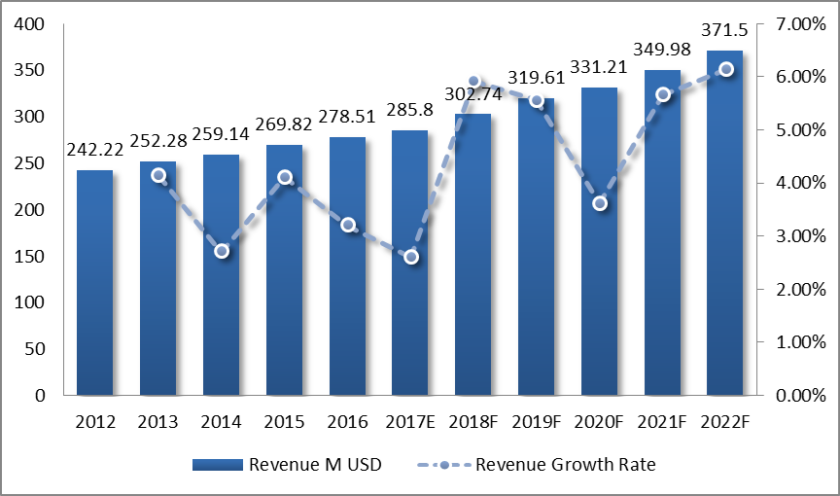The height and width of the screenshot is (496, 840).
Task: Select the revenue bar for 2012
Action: point(95,282)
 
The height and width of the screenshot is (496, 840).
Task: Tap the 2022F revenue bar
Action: point(725,223)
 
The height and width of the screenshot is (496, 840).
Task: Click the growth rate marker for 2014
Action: point(222,251)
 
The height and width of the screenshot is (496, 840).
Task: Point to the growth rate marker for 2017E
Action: point(411,257)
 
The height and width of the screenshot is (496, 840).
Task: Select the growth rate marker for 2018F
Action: point(474,82)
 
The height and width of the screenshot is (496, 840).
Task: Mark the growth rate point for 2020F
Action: point(600,203)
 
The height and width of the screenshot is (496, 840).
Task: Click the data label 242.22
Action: point(95,149)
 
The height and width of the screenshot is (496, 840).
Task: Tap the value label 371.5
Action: point(725,29)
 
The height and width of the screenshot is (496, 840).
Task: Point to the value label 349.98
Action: point(662,49)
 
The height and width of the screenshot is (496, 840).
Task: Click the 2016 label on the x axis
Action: point(347,422)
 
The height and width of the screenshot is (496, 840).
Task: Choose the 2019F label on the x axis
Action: point(537,422)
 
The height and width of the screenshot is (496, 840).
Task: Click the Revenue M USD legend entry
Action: point(288,464)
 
